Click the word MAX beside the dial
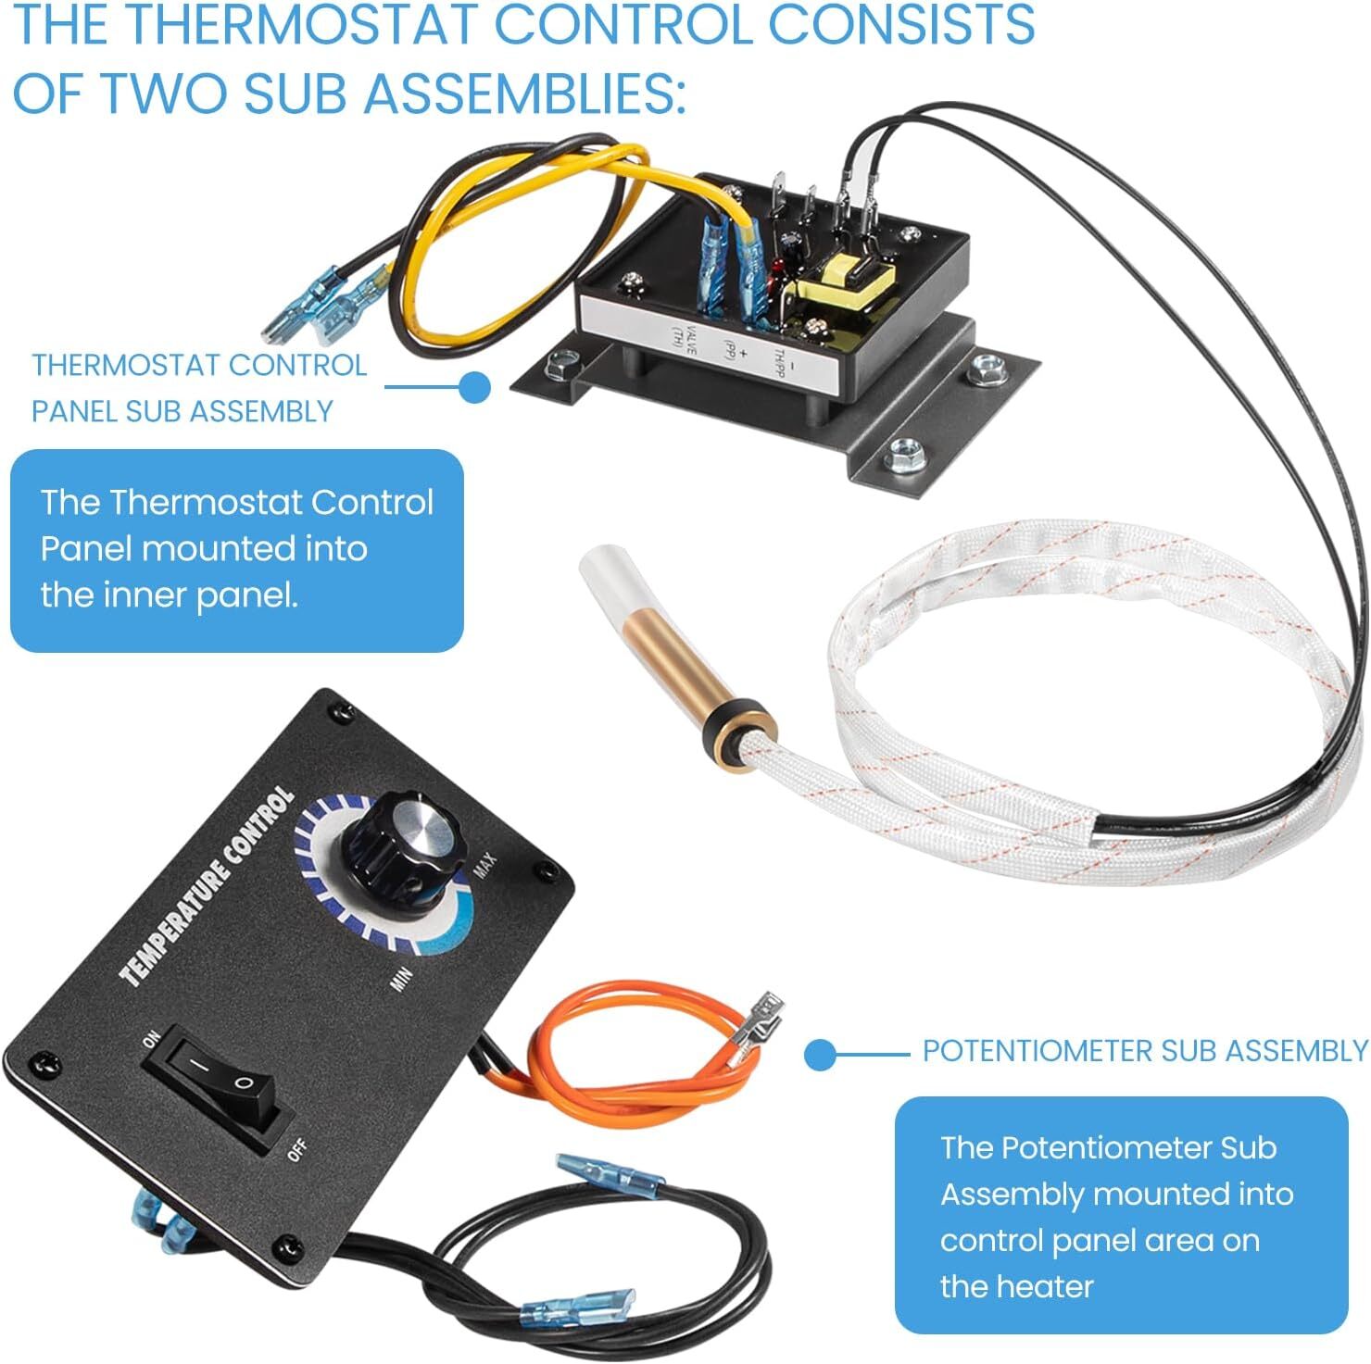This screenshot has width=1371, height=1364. (x=484, y=865)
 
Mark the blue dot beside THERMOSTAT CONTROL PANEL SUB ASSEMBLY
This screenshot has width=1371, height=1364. (x=475, y=387)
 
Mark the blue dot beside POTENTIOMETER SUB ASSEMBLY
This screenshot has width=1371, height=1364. (x=820, y=1054)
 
